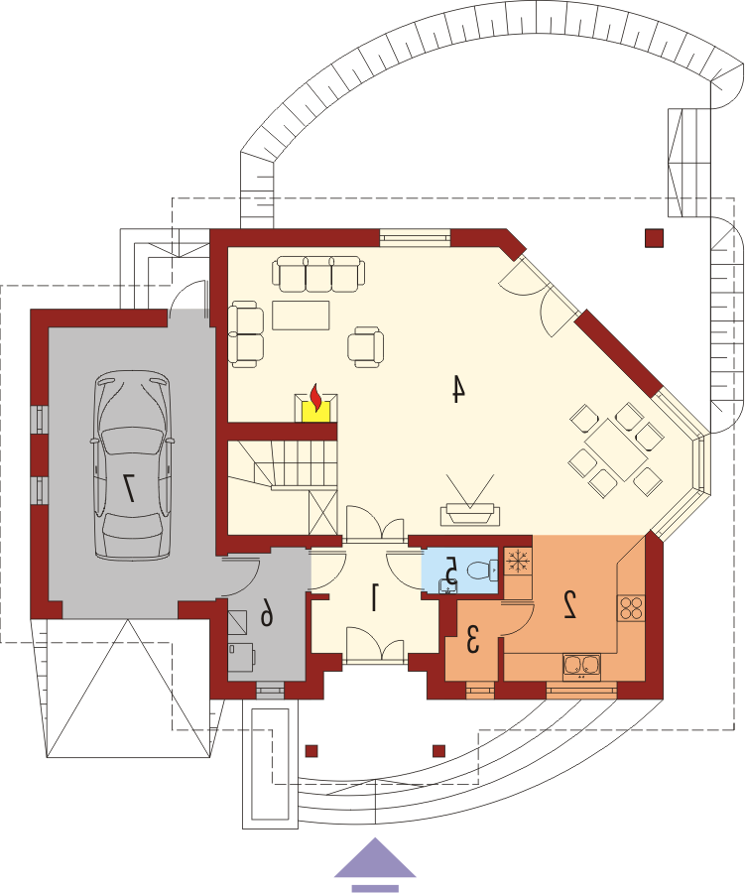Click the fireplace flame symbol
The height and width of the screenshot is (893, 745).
pyautogui.click(x=315, y=398)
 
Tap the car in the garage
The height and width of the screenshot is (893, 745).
pyautogui.click(x=133, y=464)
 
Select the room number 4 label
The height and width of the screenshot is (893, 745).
pyautogui.click(x=458, y=389)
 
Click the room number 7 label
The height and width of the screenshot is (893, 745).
pyautogui.click(x=129, y=488)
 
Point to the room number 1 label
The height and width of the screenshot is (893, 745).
pyautogui.click(x=374, y=597)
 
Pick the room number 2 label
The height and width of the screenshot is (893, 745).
pyautogui.click(x=570, y=605)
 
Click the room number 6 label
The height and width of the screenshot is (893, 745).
pyautogui.click(x=267, y=614)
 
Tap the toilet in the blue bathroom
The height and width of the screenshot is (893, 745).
pyautogui.click(x=482, y=571)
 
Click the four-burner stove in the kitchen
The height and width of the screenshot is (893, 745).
pyautogui.click(x=632, y=607)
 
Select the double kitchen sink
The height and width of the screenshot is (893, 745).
pyautogui.click(x=581, y=666)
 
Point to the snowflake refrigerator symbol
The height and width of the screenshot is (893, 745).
pyautogui.click(x=517, y=562)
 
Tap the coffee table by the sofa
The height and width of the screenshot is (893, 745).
pyautogui.click(x=301, y=316)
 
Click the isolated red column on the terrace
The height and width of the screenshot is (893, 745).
pyautogui.click(x=655, y=238)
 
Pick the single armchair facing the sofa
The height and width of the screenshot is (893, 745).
pyautogui.click(x=366, y=345)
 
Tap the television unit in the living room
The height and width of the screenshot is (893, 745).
pyautogui.click(x=470, y=514)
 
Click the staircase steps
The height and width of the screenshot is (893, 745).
pyautogui.click(x=283, y=466)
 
